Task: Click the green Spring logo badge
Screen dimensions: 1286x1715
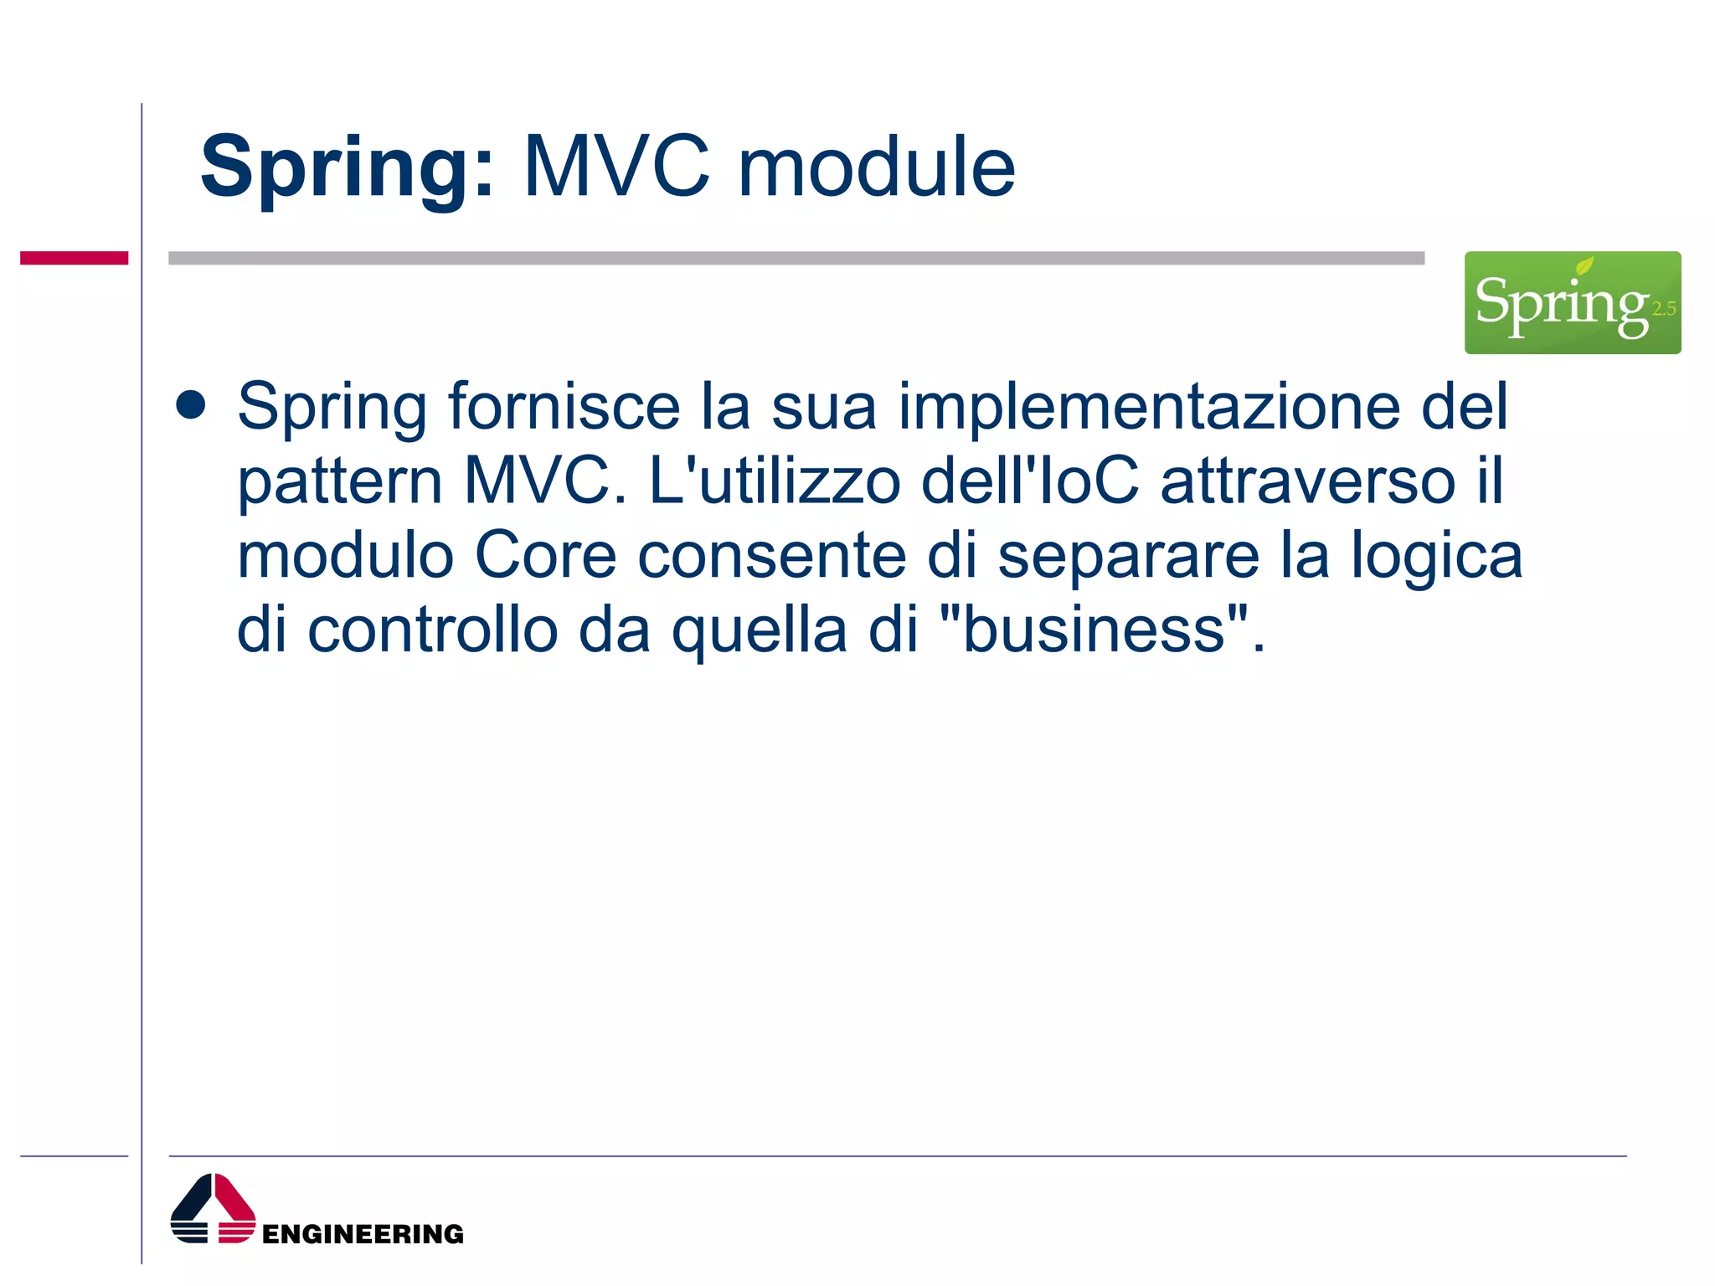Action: point(1572,302)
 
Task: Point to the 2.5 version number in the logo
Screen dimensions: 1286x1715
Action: point(1664,309)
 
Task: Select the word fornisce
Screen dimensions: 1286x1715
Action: point(564,406)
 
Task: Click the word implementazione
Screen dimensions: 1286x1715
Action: point(1149,408)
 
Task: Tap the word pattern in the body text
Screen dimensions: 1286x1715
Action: point(339,482)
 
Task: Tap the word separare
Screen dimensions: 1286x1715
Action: point(1128,557)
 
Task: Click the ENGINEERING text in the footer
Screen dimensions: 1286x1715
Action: point(363,1234)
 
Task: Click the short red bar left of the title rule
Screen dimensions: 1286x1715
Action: point(74,258)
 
